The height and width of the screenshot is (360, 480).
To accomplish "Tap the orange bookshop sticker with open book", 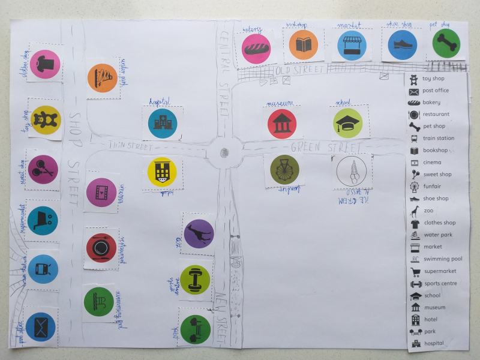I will [x=304, y=45].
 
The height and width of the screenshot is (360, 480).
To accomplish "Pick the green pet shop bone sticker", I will [x=446, y=43].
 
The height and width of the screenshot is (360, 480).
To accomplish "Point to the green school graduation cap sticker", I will [x=348, y=123].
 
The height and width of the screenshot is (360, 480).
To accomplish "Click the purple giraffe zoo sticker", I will [x=199, y=234].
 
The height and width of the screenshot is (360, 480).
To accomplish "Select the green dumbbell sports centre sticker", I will [x=194, y=280].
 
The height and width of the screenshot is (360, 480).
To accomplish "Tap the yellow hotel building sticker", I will [x=162, y=172].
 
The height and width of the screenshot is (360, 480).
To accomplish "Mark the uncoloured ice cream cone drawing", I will [x=352, y=170].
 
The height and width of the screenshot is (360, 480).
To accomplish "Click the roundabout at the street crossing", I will [x=225, y=153].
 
